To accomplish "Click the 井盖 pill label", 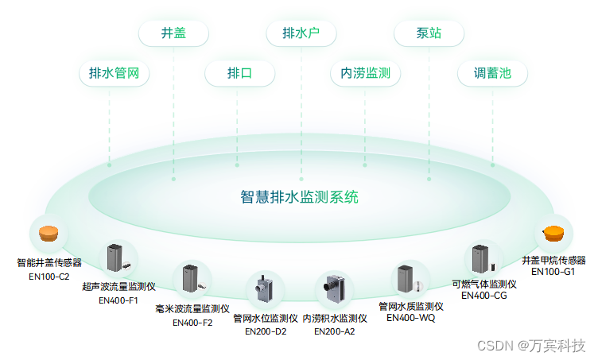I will (173, 33).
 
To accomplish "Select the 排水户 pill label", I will (300, 33).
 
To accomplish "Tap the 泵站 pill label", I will (429, 33).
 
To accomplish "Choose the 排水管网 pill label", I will (115, 74).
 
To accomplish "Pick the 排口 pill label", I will (239, 74).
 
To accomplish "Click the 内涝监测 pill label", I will (365, 74).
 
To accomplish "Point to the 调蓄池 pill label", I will (492, 74).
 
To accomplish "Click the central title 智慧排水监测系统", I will (299, 196).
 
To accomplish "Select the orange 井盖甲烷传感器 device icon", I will (553, 233).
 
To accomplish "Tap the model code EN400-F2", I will (192, 323).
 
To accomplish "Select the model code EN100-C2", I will (49, 277).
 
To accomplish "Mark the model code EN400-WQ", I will (411, 318).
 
